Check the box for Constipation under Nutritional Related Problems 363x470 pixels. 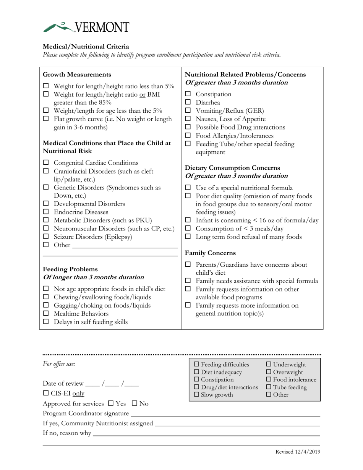[188, 94]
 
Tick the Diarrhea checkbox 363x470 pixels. [188, 102]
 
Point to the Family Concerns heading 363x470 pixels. [210, 253]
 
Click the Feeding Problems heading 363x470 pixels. [70, 269]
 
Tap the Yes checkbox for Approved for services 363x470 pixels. [111, 403]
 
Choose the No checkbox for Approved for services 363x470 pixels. [135, 403]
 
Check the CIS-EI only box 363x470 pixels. [45, 393]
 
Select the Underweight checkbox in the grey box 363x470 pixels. [269, 365]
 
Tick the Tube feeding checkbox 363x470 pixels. [269, 387]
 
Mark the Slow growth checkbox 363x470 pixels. [197, 395]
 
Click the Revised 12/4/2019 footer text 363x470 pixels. [298, 452]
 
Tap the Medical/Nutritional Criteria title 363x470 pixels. [86, 47]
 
